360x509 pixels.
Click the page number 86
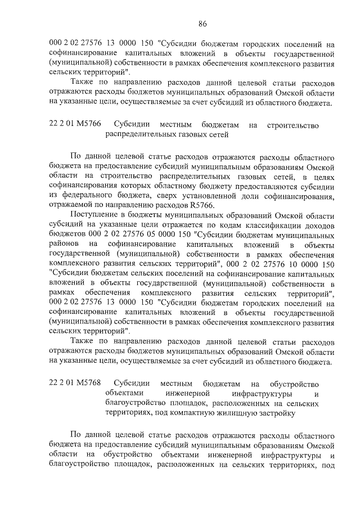tap(203, 23)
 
